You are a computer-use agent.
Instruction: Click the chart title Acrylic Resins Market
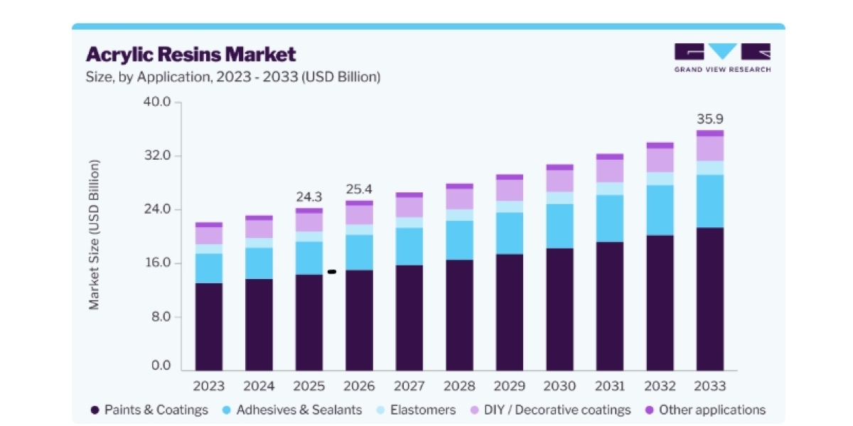(x=191, y=54)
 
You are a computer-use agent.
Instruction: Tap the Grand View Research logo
(x=722, y=58)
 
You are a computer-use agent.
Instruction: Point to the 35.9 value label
(x=710, y=119)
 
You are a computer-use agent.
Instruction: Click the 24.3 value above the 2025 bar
(x=309, y=197)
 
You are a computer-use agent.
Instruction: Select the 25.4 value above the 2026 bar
(x=359, y=189)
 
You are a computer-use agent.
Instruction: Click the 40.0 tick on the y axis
(x=157, y=102)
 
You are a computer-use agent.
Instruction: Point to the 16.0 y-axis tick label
(x=158, y=263)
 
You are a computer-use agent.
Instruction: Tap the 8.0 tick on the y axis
(x=161, y=317)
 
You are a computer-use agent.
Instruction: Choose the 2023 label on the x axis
(x=209, y=386)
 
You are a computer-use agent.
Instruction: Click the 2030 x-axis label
(x=559, y=386)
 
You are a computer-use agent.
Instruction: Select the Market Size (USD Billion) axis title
(x=94, y=235)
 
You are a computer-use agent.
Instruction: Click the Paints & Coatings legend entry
(x=149, y=410)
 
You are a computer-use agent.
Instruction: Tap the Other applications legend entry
(x=706, y=410)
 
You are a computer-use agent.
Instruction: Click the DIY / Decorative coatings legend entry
(x=551, y=410)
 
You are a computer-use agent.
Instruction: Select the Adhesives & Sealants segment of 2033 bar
(x=710, y=201)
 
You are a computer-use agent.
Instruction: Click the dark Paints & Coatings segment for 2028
(x=459, y=315)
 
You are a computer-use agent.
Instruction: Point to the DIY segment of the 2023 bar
(x=209, y=236)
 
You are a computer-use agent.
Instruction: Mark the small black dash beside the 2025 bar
(x=332, y=271)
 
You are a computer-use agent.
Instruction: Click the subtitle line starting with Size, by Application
(x=233, y=77)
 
